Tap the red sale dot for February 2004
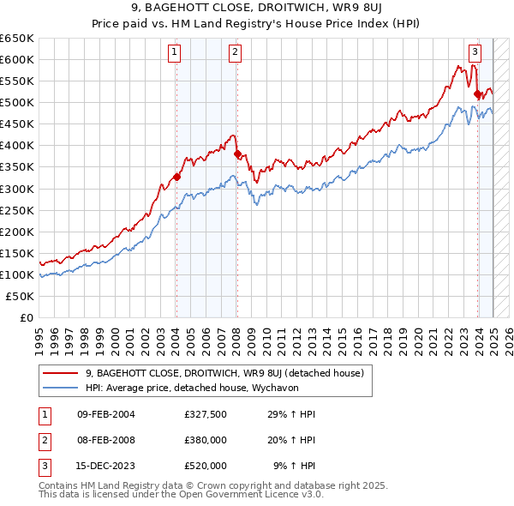click(176, 177)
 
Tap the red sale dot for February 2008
click(237, 154)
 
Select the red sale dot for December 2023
click(477, 93)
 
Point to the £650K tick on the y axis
click(17, 39)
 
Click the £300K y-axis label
click(17, 189)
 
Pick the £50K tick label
click(21, 296)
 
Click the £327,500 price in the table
click(206, 415)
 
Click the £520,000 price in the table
click(206, 466)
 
